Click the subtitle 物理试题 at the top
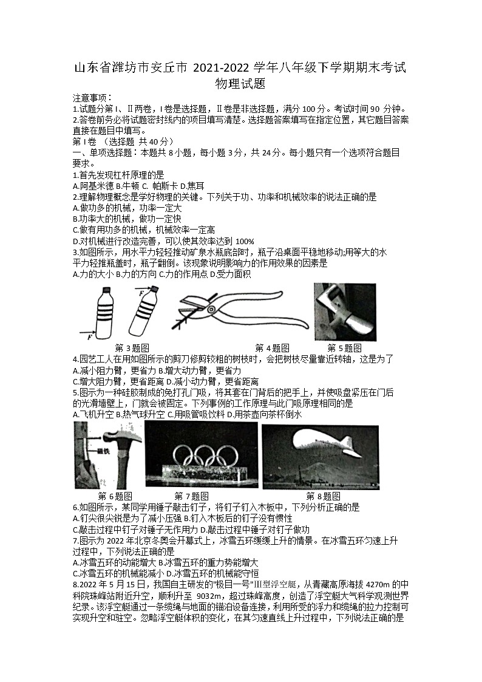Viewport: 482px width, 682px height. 240,84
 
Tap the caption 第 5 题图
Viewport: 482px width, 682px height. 344,348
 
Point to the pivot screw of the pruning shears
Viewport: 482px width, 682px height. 211,309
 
